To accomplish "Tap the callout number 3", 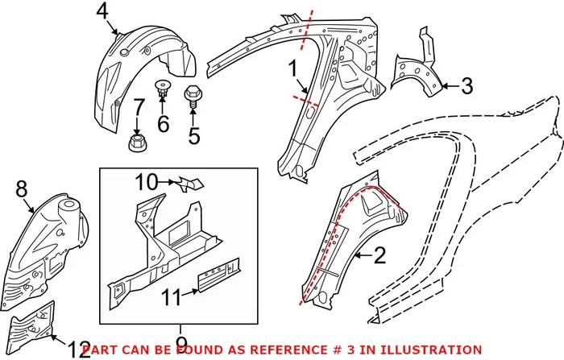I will point(467,85).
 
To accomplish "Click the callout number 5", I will point(193,135).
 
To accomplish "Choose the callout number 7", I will point(138,107).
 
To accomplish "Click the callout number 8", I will point(21,189).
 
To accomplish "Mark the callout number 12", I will point(79,350).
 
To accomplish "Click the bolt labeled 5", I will point(193,97).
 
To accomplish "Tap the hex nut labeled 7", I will point(137,144).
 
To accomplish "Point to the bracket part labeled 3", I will point(418,68).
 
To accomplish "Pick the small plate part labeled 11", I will point(221,271).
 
